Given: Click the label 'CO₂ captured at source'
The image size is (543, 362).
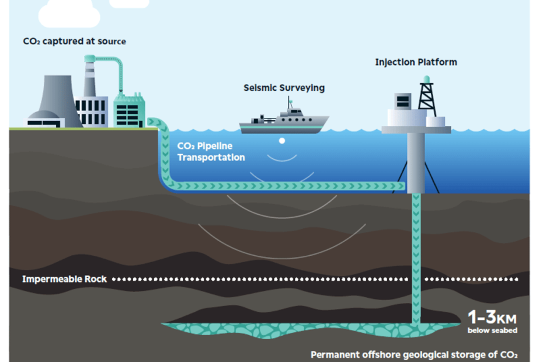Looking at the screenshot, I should tap(75, 41).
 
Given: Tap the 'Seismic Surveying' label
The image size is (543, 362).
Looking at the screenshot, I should tap(284, 88).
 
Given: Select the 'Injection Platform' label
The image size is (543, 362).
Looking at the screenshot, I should tap(416, 62).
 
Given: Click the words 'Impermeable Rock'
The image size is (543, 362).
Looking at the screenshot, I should tap(64, 279).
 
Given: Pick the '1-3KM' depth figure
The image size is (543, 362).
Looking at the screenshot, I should tap(492, 318).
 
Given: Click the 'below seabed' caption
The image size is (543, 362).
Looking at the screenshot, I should tap(492, 330).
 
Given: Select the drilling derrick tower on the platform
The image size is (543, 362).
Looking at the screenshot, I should tap(427, 96).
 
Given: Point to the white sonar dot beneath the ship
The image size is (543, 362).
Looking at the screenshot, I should tap(282, 141).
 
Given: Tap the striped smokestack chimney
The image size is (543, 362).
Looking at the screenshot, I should tap(90, 79).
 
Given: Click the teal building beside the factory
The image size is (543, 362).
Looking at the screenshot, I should tap(129, 111).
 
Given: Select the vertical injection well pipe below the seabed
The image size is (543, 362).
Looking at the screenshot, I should tap(416, 257).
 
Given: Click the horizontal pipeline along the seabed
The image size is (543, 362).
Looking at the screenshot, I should tap(292, 186).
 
